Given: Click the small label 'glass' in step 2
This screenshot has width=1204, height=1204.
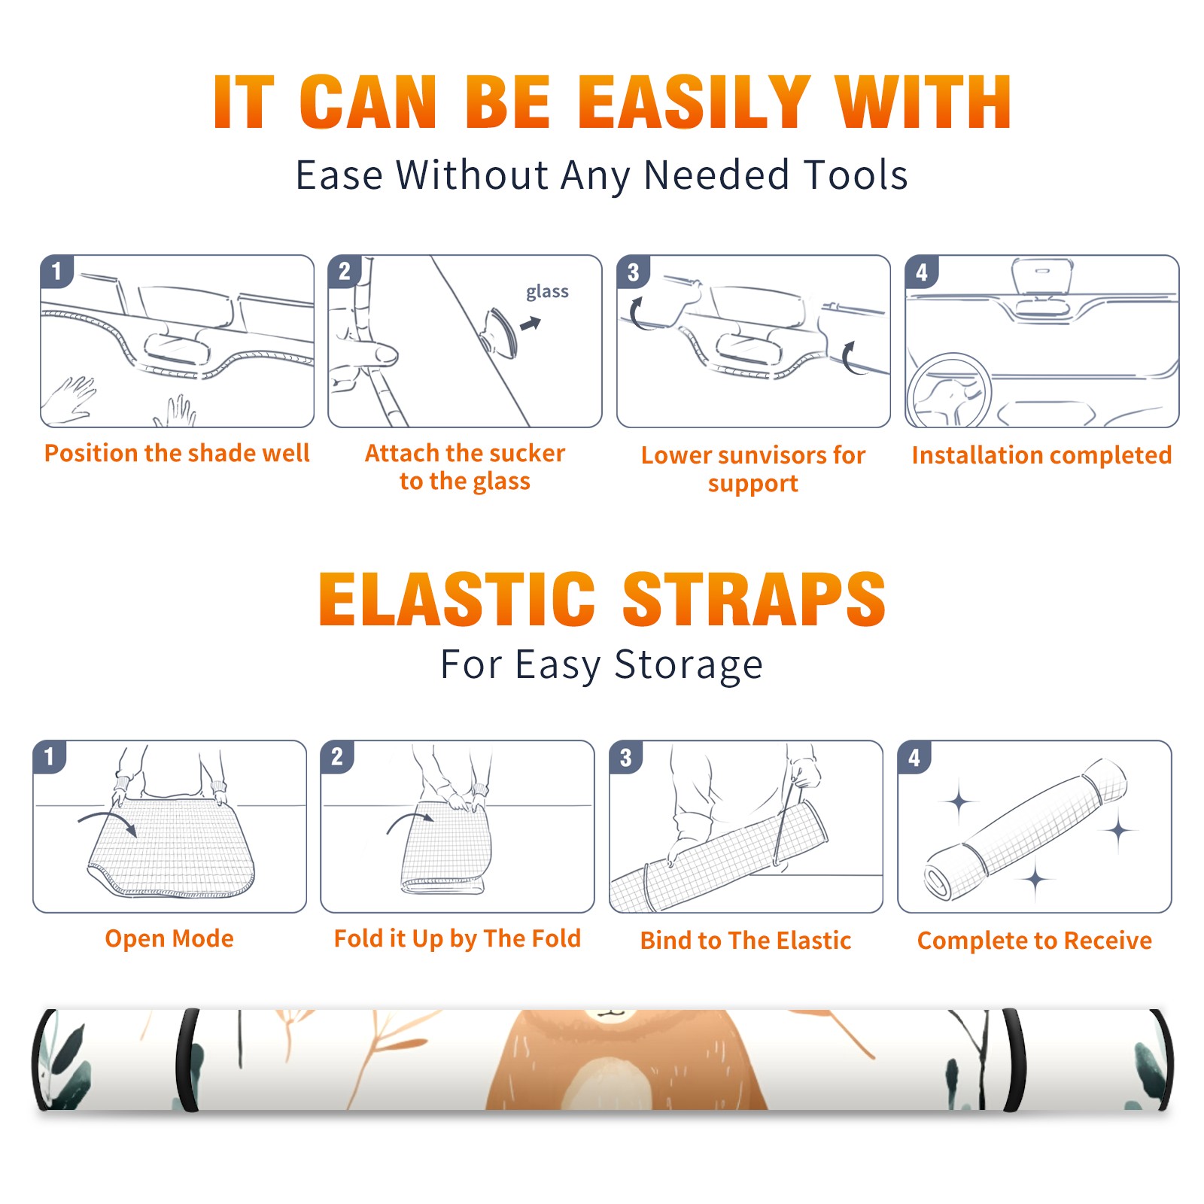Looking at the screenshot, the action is tap(547, 292).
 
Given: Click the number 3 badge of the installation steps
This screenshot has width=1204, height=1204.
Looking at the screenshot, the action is tap(633, 272).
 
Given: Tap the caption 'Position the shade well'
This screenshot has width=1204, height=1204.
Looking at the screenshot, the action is tap(177, 453).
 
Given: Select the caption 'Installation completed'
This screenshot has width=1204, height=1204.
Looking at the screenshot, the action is tap(1041, 455).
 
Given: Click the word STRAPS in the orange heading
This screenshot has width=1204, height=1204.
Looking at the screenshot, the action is tap(754, 599).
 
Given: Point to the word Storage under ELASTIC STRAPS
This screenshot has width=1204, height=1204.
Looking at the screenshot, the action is tap(689, 665).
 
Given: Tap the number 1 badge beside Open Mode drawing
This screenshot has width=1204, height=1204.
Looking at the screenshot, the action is tap(50, 757).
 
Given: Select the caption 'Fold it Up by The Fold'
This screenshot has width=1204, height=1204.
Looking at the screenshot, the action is tap(458, 939).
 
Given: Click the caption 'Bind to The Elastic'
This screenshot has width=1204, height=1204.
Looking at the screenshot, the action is tap(746, 941).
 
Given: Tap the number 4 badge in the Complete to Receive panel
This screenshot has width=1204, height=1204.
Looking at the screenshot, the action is tap(914, 757).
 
